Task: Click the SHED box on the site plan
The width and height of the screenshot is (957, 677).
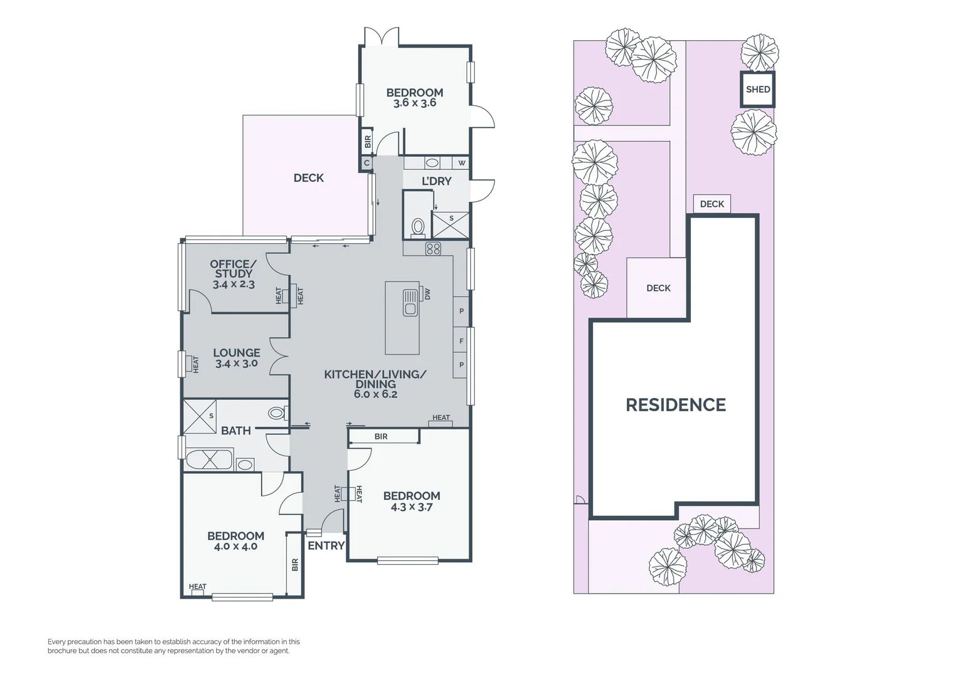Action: tap(757, 89)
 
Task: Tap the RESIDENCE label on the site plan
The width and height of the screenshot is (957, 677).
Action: tap(675, 405)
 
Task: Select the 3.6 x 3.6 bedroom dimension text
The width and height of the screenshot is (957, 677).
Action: tap(415, 103)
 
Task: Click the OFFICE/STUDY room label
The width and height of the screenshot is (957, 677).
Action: tap(233, 269)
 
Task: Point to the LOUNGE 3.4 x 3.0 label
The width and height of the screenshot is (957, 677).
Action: tap(236, 358)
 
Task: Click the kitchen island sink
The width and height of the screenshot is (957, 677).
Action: tap(410, 302)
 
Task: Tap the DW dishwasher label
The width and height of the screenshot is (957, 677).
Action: tap(428, 293)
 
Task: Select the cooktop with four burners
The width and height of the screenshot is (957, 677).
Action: tap(433, 249)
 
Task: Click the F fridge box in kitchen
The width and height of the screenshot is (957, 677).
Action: tap(461, 341)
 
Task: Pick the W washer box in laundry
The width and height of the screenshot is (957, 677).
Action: tap(462, 163)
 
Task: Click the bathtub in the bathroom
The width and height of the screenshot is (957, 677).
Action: tap(209, 459)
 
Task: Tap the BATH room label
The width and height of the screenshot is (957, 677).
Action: tap(235, 431)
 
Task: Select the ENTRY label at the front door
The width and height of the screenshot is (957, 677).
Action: tap(326, 545)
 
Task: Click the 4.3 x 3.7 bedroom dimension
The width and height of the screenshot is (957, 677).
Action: tap(411, 507)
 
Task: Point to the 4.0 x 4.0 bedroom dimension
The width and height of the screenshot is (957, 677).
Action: tap(235, 547)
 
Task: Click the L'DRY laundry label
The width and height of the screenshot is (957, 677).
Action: tap(436, 181)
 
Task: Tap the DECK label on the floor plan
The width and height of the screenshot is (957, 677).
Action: tap(309, 178)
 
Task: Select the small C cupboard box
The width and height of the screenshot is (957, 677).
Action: tap(366, 163)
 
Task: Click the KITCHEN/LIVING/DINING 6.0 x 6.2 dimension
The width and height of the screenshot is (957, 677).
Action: tap(375, 394)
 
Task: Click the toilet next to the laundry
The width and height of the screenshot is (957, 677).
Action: tap(418, 227)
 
